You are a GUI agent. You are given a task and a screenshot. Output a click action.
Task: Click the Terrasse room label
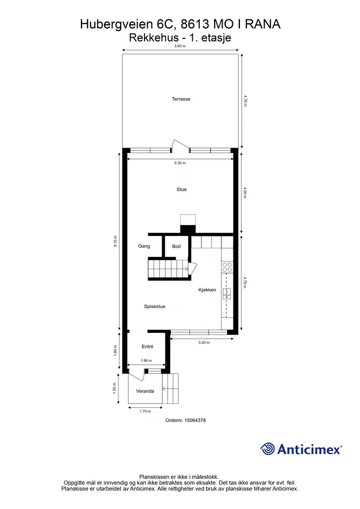click(181, 99)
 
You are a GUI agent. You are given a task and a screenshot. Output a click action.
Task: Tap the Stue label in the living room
click(181, 190)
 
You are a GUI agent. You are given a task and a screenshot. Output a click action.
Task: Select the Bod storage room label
click(176, 246)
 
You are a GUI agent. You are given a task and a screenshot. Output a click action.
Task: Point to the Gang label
click(144, 246)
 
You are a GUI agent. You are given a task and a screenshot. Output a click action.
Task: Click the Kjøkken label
click(207, 290)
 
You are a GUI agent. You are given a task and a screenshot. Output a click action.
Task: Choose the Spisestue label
click(155, 306)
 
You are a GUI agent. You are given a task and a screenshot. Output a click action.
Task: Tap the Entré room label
click(148, 347)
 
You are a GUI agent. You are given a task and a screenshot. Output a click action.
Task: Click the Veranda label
click(145, 391)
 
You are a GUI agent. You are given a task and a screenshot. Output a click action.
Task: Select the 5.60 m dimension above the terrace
click(180, 46)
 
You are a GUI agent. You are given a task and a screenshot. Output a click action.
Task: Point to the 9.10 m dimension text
click(115, 241)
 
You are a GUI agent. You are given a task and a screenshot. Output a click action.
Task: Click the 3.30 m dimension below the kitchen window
click(204, 343)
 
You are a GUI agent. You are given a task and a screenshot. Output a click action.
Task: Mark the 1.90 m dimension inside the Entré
click(146, 361)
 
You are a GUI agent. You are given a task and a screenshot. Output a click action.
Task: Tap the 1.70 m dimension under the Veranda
click(145, 412)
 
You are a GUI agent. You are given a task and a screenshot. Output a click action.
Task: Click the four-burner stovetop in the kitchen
click(227, 268)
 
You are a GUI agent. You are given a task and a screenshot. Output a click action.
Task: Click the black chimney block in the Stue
click(188, 229)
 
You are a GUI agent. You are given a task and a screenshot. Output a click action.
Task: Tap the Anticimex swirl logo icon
click(268, 449)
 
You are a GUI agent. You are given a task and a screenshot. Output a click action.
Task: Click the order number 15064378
click(195, 420)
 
